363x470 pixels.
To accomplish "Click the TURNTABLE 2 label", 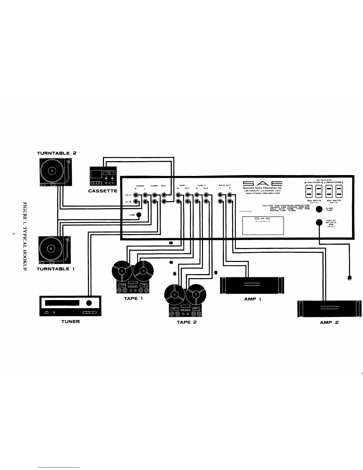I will (x=57, y=153).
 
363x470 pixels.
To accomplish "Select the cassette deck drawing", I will (x=103, y=177).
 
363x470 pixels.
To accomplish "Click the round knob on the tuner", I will (x=89, y=303).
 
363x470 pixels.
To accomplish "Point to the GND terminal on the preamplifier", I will (x=138, y=215).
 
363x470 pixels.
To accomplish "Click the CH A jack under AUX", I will (x=164, y=195).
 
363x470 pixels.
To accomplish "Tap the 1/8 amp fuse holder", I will (x=319, y=209).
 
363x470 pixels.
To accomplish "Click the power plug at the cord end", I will (x=350, y=278).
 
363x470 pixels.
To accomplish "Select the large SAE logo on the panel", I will (x=262, y=183).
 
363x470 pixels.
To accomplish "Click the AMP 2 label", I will (x=329, y=322).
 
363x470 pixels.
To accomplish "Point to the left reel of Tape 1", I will (x=122, y=270).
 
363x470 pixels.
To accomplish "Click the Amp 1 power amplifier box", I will (x=252, y=285).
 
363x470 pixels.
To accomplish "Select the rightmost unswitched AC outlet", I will (x=338, y=191).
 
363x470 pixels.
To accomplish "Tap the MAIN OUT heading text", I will (x=225, y=185).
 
